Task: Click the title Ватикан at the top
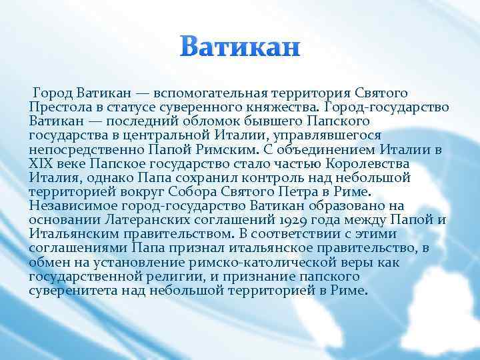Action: point(241,48)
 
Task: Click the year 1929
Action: point(283,221)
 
